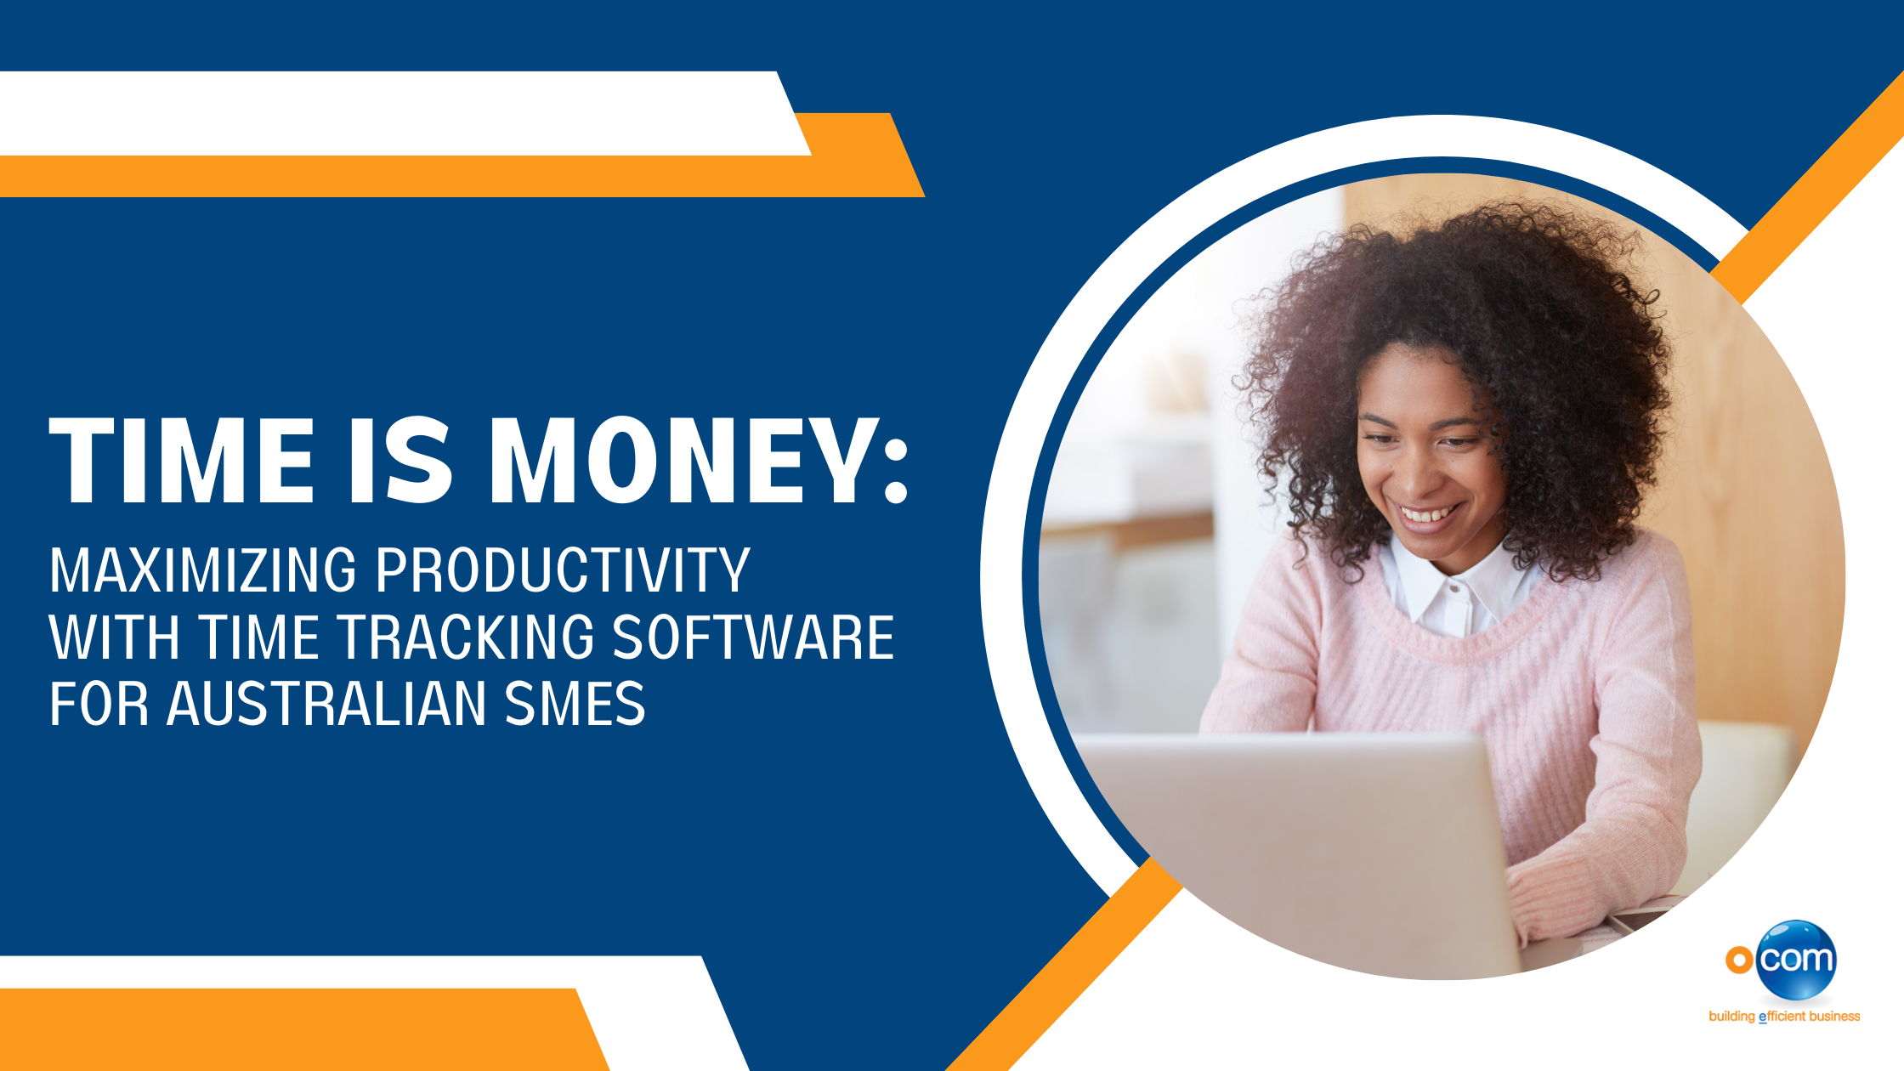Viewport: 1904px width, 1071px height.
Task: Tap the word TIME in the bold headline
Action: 182,461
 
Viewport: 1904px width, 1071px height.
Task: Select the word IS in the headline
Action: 400,461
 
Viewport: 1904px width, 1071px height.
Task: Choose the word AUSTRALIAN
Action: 326,704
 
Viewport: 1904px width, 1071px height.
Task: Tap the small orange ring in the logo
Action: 1739,960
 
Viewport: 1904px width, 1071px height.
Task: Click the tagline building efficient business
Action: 1784,1017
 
